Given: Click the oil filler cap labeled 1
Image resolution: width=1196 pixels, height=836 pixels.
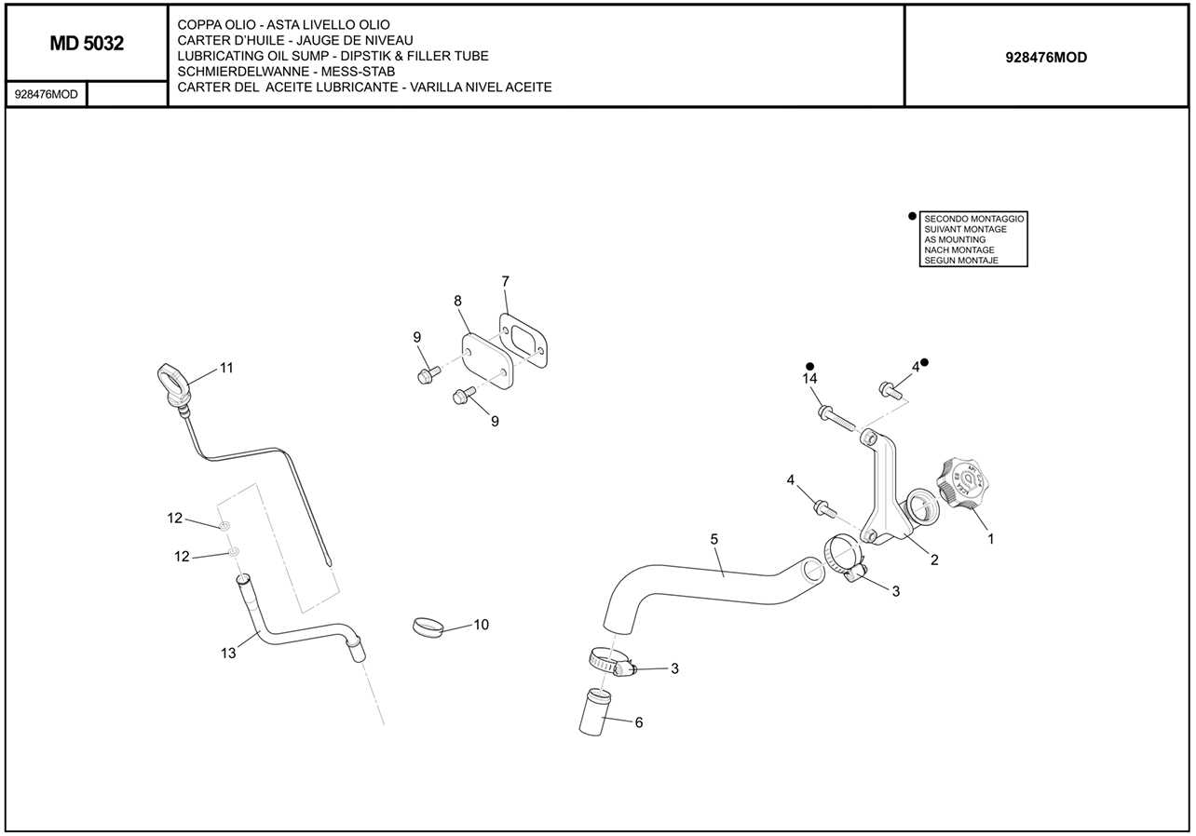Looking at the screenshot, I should point(962,483).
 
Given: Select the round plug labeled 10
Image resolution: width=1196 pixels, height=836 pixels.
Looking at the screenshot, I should point(428,627).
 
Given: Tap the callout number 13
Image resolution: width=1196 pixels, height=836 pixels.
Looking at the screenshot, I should point(228,653).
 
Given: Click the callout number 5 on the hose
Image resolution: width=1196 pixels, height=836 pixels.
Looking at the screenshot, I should point(714,539).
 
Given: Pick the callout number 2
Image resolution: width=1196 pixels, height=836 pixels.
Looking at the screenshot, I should point(933,560).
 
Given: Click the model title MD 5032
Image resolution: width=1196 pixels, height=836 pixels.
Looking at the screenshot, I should point(87,43).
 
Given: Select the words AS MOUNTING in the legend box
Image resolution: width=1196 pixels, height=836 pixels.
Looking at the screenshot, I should point(955,239).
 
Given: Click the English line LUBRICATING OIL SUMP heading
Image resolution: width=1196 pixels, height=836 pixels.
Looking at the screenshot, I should point(333,56).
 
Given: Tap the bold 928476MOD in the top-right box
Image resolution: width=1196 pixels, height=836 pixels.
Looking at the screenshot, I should point(1046,57).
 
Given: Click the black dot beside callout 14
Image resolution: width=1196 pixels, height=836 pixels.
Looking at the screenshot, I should point(810,366).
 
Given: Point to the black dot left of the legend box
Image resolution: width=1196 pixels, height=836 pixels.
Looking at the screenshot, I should point(912,216).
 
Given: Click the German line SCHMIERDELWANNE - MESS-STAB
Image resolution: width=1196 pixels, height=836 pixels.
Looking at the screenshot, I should point(286,72).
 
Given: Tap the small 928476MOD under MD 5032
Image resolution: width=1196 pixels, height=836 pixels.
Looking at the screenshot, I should point(47,94).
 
